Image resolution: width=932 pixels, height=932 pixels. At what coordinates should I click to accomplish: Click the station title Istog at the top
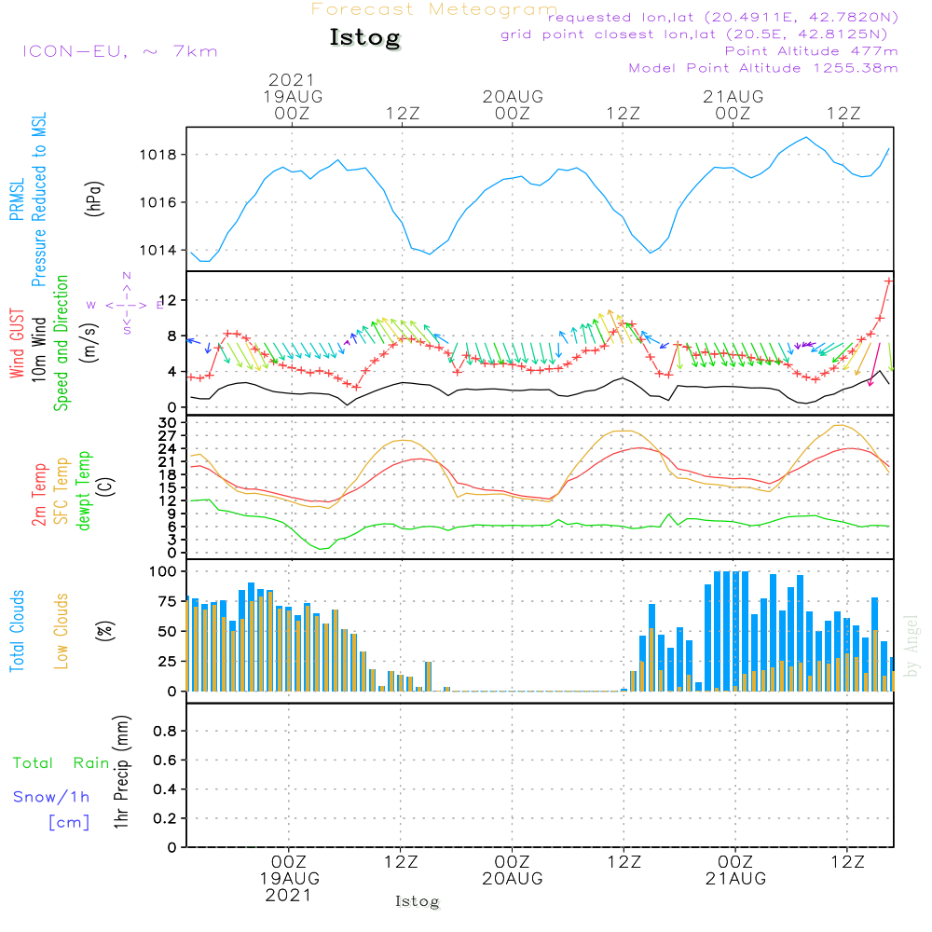tap(364, 38)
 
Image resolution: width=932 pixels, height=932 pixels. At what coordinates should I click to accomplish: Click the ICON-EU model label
tap(119, 51)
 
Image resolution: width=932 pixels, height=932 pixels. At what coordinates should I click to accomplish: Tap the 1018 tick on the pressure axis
tap(162, 155)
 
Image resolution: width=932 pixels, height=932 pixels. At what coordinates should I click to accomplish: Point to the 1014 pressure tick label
tap(162, 250)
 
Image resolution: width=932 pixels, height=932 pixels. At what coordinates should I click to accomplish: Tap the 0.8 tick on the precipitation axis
tap(165, 732)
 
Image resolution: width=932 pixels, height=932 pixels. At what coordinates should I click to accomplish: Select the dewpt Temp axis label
tap(85, 490)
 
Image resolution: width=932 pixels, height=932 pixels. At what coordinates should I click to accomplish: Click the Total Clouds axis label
tap(18, 631)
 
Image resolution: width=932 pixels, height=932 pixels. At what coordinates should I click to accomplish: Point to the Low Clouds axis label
tap(62, 631)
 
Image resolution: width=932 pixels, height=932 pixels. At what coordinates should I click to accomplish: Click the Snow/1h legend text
tap(52, 798)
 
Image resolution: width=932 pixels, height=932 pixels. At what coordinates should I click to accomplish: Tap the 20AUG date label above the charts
tap(513, 97)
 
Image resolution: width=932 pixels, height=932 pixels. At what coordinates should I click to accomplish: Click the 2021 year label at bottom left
tap(289, 895)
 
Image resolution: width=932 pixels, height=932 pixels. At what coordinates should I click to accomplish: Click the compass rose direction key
tap(126, 304)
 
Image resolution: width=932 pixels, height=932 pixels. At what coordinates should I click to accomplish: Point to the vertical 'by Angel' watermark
tap(911, 646)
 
